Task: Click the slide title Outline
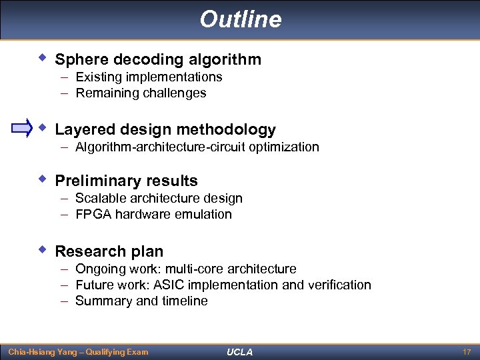click(240, 19)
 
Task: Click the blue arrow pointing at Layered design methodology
click(22, 128)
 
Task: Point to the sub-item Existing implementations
click(149, 77)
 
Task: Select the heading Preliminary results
click(126, 181)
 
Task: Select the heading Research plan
click(109, 251)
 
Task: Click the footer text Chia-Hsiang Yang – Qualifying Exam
click(77, 351)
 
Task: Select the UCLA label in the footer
click(239, 351)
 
